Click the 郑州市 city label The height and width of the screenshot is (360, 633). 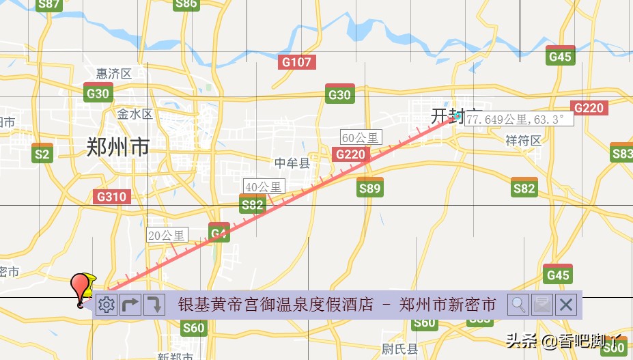(x=118, y=147)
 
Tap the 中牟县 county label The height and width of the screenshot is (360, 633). (x=292, y=163)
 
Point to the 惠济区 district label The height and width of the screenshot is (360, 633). (x=113, y=74)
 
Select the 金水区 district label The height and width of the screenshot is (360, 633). (x=135, y=114)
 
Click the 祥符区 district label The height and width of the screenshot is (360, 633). (x=523, y=141)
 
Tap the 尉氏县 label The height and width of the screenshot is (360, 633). (x=399, y=349)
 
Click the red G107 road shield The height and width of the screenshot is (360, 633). (x=296, y=63)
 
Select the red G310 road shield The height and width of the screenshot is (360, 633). (x=111, y=197)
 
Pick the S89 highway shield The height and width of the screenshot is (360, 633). (x=369, y=188)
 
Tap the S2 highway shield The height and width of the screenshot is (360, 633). (x=42, y=154)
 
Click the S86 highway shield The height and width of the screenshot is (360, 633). (x=186, y=5)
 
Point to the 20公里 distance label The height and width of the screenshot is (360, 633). (x=167, y=236)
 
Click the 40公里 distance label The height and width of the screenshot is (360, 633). (x=263, y=186)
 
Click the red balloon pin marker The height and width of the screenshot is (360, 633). (x=82, y=286)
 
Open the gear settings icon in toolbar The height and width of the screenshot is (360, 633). (x=107, y=305)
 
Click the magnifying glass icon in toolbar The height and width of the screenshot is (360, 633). (x=519, y=305)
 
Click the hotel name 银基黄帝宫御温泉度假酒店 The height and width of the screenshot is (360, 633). (x=275, y=305)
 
